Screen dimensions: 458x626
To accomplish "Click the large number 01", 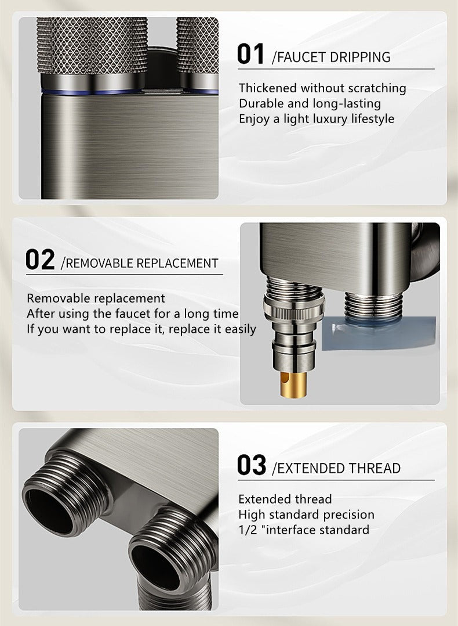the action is coord(250,55).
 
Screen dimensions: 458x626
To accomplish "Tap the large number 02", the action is coord(40,260).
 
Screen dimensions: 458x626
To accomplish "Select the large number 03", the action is coord(252,465).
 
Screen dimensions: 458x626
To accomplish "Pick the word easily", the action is coord(241,329).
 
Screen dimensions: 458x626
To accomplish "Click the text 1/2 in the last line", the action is coord(248,530).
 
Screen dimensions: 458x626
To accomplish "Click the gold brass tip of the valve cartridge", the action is coord(294,384).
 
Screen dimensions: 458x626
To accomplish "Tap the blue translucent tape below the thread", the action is coord(378,333).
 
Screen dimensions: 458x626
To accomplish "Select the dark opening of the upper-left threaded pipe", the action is coord(49,504).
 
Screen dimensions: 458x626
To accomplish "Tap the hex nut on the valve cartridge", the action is coord(294,308).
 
